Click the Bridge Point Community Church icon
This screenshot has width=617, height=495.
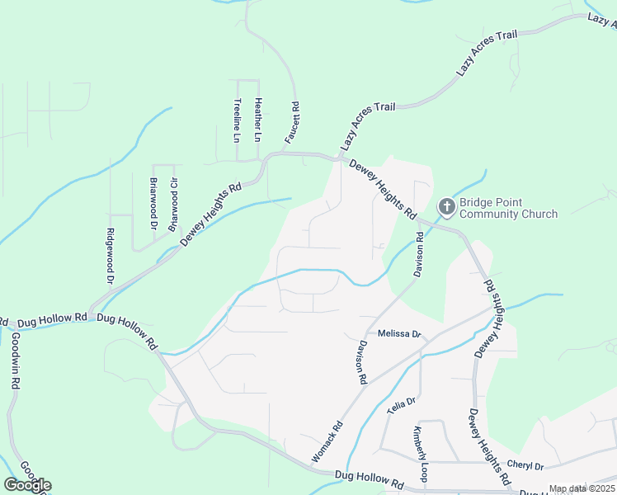[446, 206]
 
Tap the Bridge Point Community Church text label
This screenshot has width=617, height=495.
[508, 208]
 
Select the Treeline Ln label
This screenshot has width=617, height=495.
[236, 120]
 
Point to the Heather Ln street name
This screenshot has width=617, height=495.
[258, 118]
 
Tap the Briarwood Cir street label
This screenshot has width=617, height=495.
[173, 204]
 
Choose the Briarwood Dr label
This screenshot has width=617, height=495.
[153, 202]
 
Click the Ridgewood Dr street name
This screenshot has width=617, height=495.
[109, 257]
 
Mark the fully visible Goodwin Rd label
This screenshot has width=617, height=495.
[14, 361]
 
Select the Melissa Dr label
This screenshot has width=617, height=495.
[400, 334]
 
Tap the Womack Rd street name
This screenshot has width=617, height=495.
[327, 443]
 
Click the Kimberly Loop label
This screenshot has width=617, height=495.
[421, 455]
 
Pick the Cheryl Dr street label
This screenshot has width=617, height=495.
[525, 466]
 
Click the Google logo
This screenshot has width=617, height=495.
[27, 485]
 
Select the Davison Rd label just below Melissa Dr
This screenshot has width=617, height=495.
[361, 363]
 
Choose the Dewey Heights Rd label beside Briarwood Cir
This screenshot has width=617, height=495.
[210, 213]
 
